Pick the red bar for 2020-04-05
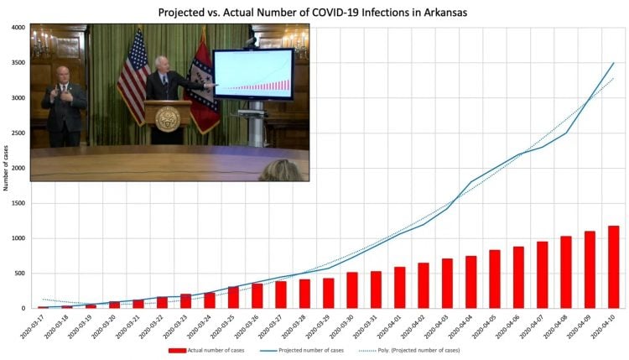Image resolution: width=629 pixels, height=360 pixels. [495, 279]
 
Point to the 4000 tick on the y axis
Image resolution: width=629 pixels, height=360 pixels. [18, 28]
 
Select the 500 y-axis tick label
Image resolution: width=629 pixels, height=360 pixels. [19, 274]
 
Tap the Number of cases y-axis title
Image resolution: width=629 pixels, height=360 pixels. [6, 168]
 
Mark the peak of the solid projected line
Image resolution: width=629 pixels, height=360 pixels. [614, 63]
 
